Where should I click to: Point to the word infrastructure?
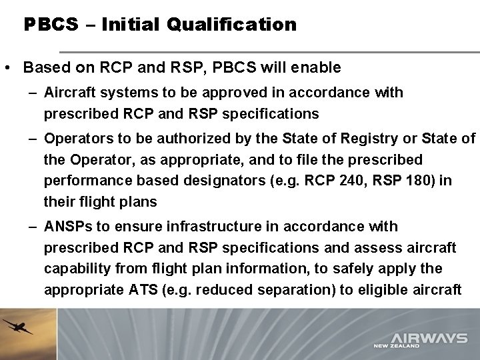pyautogui.click(x=219, y=227)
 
